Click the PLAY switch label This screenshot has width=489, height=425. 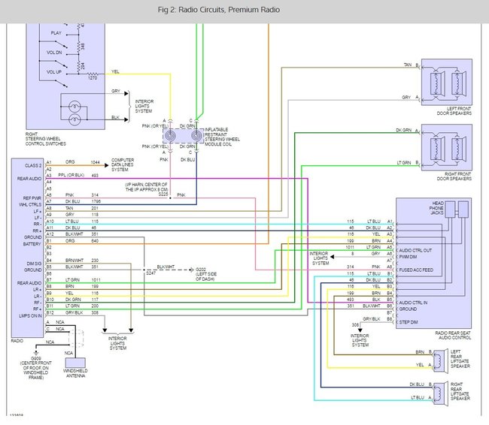pyautogui.click(x=56, y=33)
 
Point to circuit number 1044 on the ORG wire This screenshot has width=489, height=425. pyautogui.click(x=95, y=161)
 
